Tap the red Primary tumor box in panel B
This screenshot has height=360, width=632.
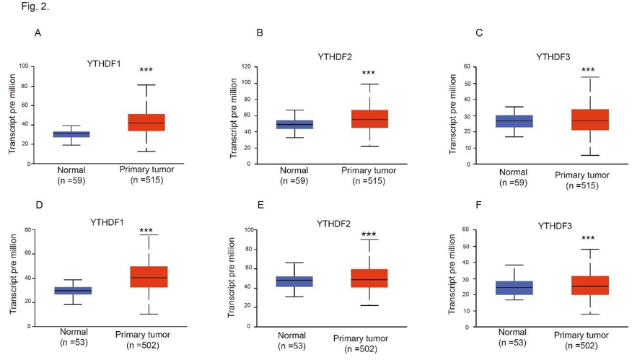tap(370, 119)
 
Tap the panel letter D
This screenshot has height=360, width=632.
tap(40, 205)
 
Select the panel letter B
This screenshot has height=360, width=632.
tap(260, 33)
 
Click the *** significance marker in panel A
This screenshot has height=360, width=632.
tap(146, 70)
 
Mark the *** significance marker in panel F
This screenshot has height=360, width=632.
tap(589, 238)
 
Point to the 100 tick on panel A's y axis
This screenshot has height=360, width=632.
tap(24, 66)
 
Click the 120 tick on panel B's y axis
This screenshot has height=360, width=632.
tap(245, 66)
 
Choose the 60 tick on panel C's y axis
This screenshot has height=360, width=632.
tap(467, 66)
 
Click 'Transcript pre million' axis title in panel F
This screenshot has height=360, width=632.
tap(452, 278)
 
